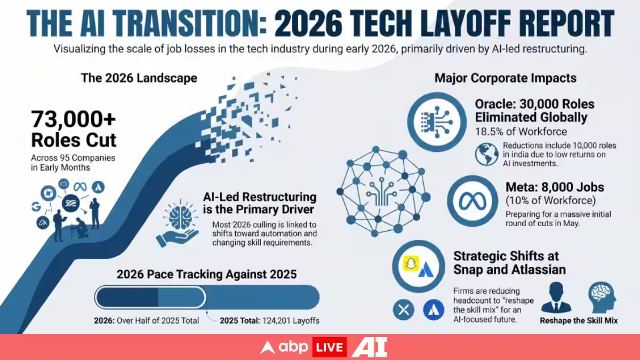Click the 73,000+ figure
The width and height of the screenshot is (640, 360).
tap(74, 119)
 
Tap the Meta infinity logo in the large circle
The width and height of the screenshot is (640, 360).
tap(473, 201)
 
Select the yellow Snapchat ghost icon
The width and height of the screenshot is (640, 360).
tap(411, 263)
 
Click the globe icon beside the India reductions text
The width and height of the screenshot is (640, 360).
tap(487, 154)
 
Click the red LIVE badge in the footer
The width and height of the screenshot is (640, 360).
tap(330, 347)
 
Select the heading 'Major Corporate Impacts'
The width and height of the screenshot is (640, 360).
tap(506, 78)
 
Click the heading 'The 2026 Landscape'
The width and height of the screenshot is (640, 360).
tap(139, 78)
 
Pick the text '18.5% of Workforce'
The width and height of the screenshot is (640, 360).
tap(521, 132)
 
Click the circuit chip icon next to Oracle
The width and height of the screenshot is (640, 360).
tap(437, 122)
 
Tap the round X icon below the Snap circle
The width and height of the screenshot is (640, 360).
tap(403, 310)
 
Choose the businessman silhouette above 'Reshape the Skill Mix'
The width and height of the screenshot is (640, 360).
tap(556, 298)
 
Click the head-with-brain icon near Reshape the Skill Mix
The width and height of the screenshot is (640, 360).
tap(602, 297)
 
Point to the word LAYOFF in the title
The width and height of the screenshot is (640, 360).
tap(466, 23)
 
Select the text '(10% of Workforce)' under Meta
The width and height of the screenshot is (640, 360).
tap(551, 201)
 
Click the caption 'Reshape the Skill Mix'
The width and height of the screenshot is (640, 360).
tap(579, 321)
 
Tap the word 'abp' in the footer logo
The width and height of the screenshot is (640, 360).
tap(293, 347)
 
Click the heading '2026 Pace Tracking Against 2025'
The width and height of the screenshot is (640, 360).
tap(206, 274)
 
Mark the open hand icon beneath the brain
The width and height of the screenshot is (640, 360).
tap(177, 238)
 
